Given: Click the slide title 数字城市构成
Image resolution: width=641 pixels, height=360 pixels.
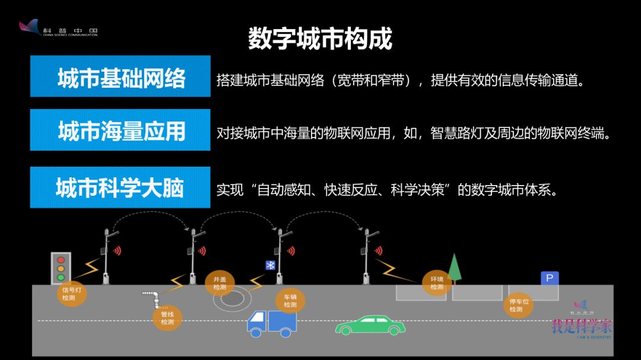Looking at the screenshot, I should (x=320, y=39).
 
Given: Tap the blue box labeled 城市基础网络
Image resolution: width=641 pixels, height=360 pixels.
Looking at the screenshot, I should (x=120, y=77).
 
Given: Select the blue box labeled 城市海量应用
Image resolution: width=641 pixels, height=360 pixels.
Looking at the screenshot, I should (x=120, y=130).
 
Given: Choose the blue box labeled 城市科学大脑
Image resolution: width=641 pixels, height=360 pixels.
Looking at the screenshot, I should (x=120, y=187).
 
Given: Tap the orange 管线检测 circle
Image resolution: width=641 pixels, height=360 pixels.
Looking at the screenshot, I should (x=167, y=318).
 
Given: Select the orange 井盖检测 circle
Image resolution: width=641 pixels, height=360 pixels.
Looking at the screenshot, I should (x=220, y=283).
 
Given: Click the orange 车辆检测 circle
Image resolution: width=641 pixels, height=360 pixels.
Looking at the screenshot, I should (x=290, y=301).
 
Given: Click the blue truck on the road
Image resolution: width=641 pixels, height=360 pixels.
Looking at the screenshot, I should (x=272, y=321).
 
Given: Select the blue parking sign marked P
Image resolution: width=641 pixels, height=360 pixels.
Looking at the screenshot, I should (x=550, y=278).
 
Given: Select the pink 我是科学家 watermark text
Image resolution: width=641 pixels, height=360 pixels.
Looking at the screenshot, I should (x=582, y=326).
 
